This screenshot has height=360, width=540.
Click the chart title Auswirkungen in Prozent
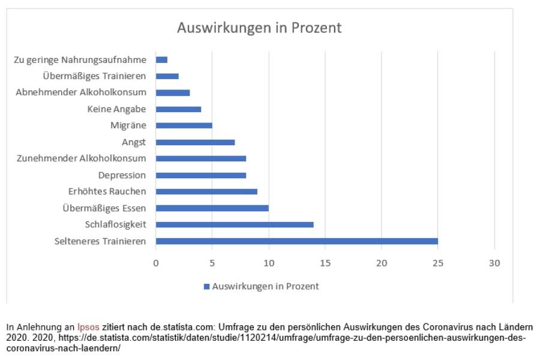[x=259, y=28]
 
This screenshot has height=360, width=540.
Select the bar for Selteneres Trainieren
[x=296, y=241]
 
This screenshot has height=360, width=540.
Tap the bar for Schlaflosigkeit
[x=234, y=224]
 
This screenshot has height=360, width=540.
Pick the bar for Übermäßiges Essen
[x=212, y=208]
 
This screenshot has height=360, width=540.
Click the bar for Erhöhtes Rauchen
[x=206, y=191]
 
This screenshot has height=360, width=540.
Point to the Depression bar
[x=200, y=175]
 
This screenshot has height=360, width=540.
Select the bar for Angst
[x=195, y=142]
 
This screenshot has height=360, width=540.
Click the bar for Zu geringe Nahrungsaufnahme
[x=161, y=60]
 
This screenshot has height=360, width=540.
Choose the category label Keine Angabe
[x=116, y=109]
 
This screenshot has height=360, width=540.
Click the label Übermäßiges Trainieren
[x=95, y=76]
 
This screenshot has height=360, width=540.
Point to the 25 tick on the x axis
[x=437, y=262]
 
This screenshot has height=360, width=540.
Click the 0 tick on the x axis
[x=156, y=262]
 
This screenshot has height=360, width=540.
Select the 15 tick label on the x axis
[x=325, y=262]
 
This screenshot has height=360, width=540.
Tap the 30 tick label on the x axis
[x=494, y=262]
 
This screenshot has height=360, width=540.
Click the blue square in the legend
[x=207, y=287]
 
